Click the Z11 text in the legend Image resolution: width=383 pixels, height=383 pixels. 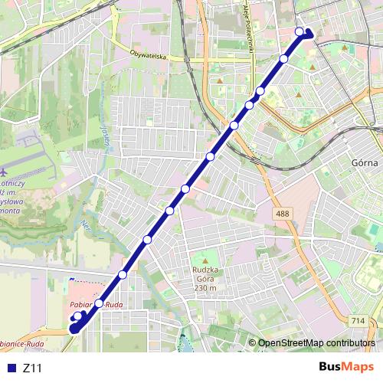(x=32, y=368)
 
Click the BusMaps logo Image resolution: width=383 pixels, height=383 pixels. (x=347, y=367)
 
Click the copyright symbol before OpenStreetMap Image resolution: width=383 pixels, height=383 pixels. (x=252, y=344)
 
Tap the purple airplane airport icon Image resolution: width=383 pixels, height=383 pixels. (x=5, y=171)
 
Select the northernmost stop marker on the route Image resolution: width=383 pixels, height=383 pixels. (x=300, y=31)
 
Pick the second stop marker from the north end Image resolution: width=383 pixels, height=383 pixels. (x=284, y=59)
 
